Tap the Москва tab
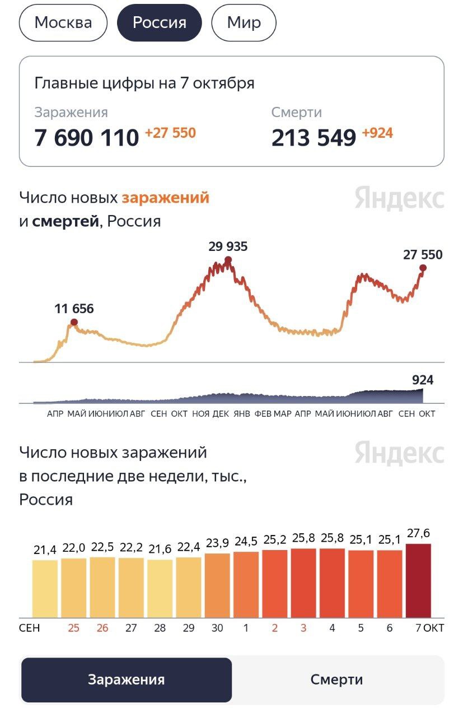tap(63, 23)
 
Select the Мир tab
tap(244, 23)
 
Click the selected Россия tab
tap(159, 23)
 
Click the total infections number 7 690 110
tap(86, 137)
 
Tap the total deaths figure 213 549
tap(314, 137)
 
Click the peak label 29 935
tap(228, 246)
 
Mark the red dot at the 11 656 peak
tap(74, 322)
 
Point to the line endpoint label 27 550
tap(422, 255)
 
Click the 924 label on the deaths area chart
tap(423, 380)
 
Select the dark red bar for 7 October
tap(418, 580)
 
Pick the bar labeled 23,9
tap(217, 585)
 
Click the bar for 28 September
tap(160, 588)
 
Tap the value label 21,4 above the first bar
tap(45, 550)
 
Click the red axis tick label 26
tap(102, 628)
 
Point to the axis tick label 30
tap(217, 628)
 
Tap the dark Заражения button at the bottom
tap(127, 680)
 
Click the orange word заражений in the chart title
tap(165, 198)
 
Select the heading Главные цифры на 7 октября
tap(144, 83)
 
